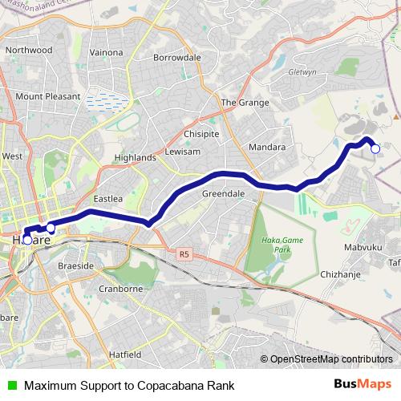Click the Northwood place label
click(29, 50)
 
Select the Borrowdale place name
click(176, 59)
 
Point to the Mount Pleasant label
click(48, 96)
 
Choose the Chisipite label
click(201, 134)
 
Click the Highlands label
click(135, 158)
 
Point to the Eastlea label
click(107, 198)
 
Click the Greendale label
click(223, 194)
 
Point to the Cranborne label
click(120, 288)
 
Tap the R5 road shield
click(184, 254)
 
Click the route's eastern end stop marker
click(375, 148)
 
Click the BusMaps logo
click(363, 385)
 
